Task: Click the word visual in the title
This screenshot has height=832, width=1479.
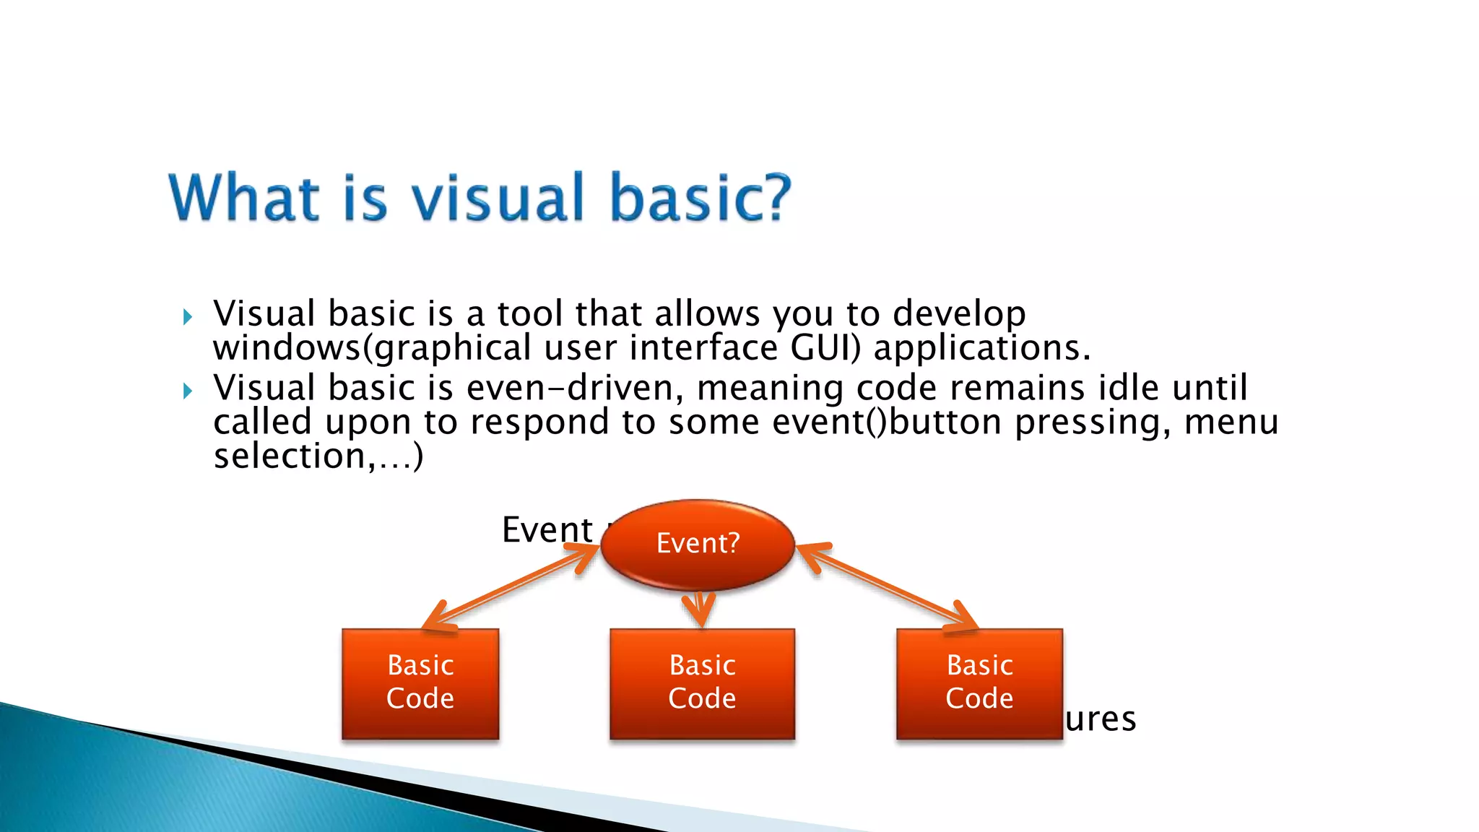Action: point(498,197)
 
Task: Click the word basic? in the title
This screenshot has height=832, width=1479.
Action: point(700,197)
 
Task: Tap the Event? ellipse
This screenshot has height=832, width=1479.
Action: point(698,543)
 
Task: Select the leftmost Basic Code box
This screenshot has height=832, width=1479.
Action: point(420,682)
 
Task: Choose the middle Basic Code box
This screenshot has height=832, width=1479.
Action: point(702,682)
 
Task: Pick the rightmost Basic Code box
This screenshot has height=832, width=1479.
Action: point(979,682)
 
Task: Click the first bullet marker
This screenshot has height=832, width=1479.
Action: point(188,316)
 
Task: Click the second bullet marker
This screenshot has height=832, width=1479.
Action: point(188,391)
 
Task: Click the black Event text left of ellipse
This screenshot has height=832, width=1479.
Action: point(547,529)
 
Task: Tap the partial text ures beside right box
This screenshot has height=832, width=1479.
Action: point(1100,719)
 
